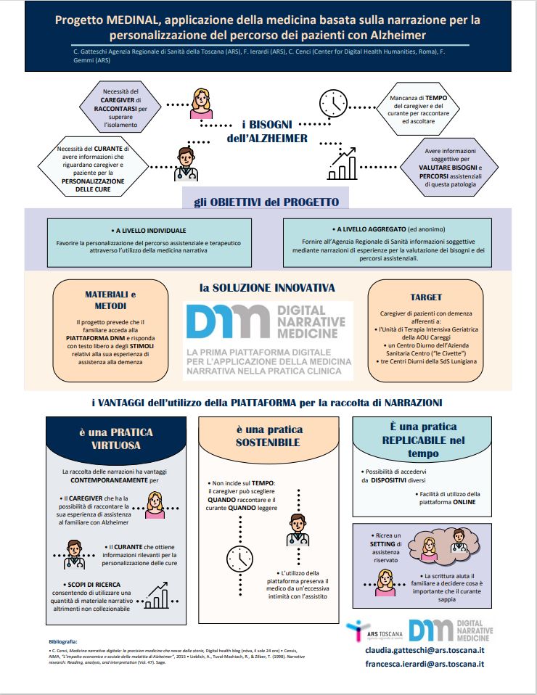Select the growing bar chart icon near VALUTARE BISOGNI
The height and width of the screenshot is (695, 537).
pyautogui.click(x=343, y=163)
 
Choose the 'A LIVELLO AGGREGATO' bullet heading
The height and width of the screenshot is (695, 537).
pyautogui.click(x=376, y=229)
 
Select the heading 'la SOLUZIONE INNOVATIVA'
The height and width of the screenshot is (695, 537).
pyautogui.click(x=267, y=288)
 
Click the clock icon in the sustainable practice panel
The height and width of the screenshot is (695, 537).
pyautogui.click(x=239, y=556)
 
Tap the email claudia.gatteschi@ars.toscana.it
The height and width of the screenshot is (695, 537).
pyautogui.click(x=425, y=650)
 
